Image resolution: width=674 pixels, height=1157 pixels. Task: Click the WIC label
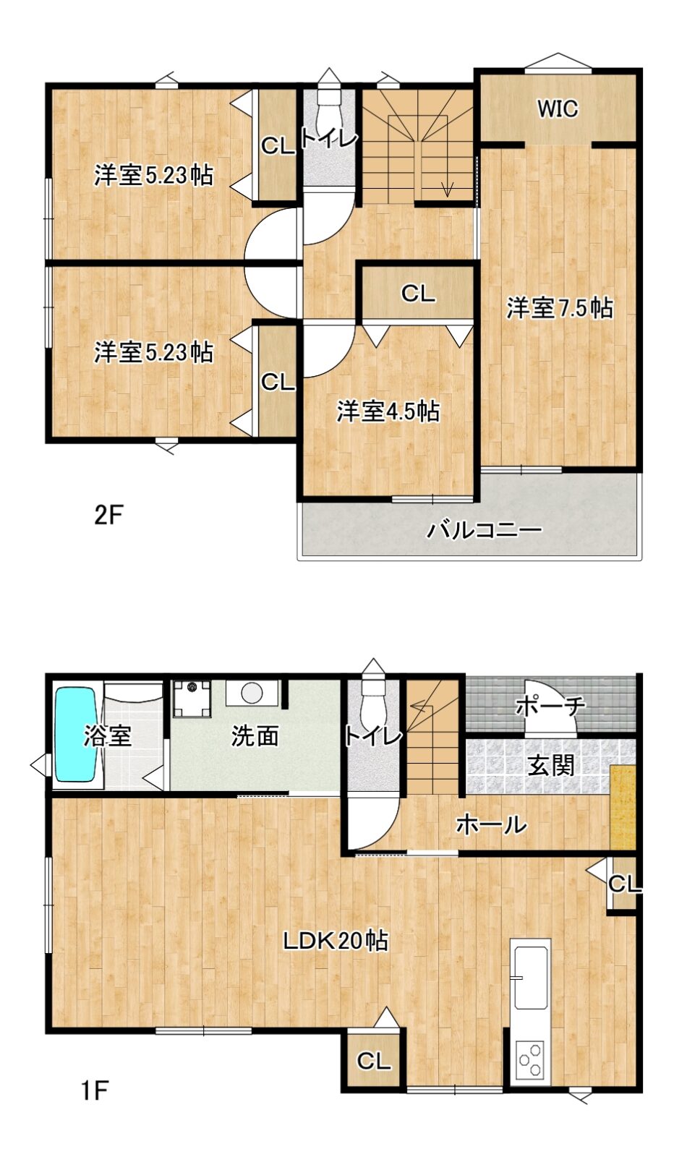point(558,109)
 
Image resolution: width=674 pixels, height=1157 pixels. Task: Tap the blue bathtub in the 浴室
point(75,734)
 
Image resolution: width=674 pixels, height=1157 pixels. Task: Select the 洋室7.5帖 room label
point(560,308)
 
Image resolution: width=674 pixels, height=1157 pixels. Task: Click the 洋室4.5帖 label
point(388,411)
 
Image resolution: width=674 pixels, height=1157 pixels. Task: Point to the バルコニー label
point(484,531)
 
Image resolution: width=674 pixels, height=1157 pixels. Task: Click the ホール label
point(491,825)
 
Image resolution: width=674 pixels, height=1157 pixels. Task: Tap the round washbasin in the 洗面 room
point(252,692)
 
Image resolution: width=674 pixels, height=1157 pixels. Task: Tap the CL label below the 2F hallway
point(418,294)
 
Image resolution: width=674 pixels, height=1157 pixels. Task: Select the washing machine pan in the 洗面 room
point(192,699)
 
